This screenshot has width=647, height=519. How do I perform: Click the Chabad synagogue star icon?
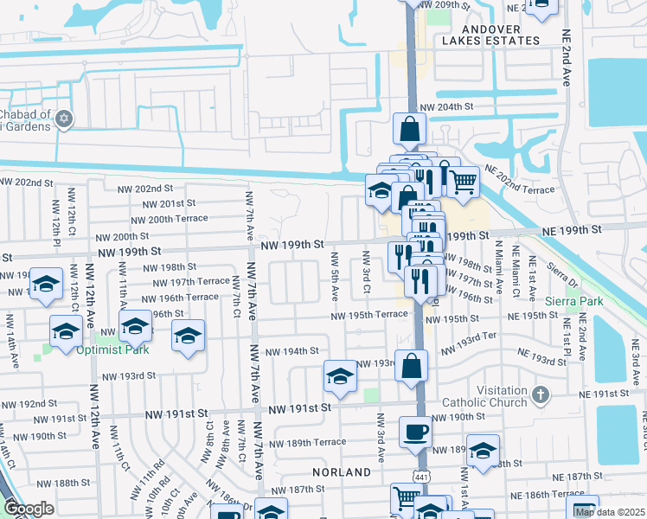coord(64,119)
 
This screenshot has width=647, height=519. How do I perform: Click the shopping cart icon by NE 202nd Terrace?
coord(464,180)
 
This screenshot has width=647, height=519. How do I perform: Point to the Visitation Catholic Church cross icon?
coord(541,394)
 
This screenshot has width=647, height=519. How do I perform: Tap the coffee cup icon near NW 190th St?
coord(415,431)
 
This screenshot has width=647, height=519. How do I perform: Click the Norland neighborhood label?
coord(343,472)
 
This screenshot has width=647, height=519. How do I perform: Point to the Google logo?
coord(29,509)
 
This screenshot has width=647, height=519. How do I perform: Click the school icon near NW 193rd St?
coord(341,376)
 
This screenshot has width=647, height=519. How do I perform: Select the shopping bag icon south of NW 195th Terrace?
coord(412,365)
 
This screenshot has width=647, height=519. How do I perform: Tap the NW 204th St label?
coord(448,106)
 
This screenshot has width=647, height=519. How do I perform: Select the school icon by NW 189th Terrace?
coord(484,450)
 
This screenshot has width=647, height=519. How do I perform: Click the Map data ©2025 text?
coord(608,511)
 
